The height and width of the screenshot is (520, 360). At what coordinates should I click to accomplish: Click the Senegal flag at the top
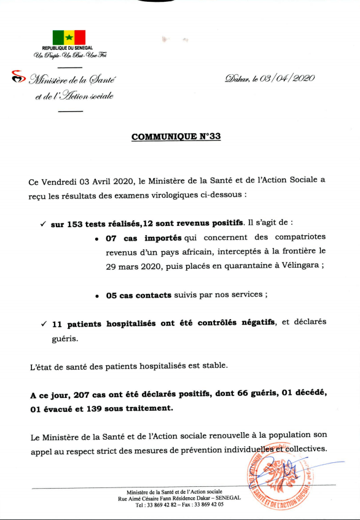69,37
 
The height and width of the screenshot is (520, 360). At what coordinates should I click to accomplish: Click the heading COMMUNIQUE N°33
176,136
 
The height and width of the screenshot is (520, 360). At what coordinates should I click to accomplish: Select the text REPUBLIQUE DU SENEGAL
69,48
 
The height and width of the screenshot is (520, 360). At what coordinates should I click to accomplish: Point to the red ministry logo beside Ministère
18,77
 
